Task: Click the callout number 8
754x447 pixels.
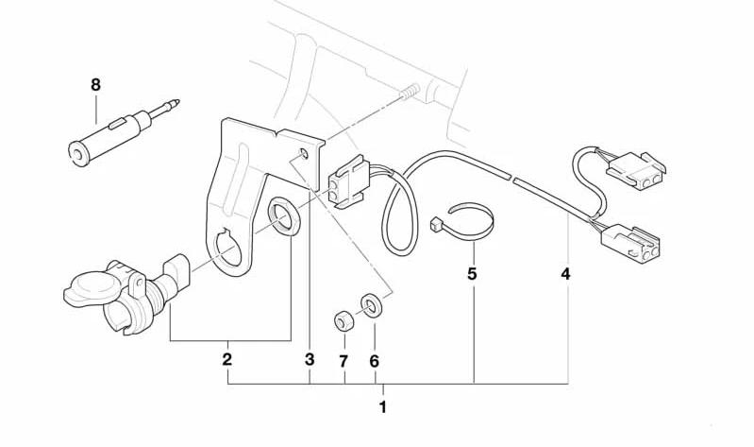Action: point(95,85)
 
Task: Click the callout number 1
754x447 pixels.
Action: point(383,407)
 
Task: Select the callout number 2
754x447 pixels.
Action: point(227,359)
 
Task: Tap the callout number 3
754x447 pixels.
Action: point(310,359)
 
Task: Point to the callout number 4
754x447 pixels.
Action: point(565,274)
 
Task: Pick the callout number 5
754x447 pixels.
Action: point(472,274)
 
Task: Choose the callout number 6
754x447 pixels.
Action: point(374,361)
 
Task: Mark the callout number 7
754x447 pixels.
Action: point(343,361)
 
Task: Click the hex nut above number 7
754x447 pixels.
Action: point(343,321)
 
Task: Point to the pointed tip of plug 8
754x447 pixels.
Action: point(177,102)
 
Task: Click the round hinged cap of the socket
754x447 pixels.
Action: point(92,289)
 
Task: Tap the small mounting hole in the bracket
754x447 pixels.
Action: point(304,154)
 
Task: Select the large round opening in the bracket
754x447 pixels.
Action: point(228,247)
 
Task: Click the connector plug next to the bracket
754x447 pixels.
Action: point(348,182)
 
